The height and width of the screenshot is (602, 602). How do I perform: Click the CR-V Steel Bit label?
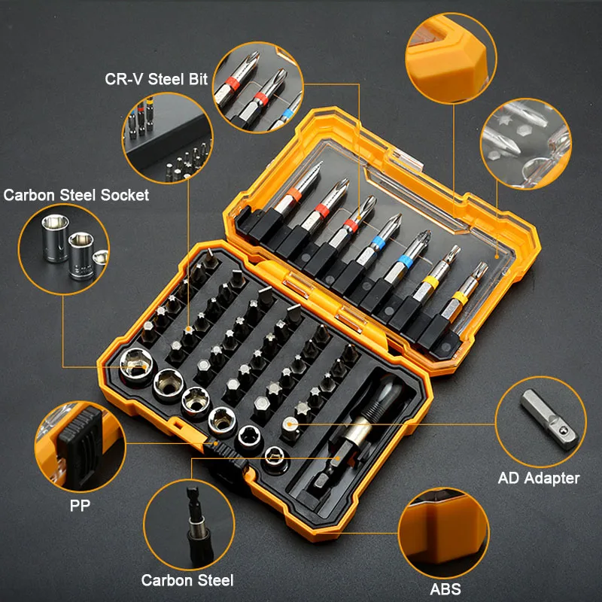pyautogui.click(x=155, y=79)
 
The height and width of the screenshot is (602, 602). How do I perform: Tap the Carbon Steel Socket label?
pyautogui.click(x=76, y=195)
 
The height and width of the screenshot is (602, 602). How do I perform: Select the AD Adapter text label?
pyautogui.click(x=539, y=478)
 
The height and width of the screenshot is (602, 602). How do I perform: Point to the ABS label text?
pyautogui.click(x=446, y=588)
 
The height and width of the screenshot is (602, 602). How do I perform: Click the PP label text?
pyautogui.click(x=80, y=506)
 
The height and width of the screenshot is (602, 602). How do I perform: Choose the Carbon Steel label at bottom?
pyautogui.click(x=187, y=580)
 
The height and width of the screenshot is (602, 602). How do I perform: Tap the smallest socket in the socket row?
pyautogui.click(x=276, y=454)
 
